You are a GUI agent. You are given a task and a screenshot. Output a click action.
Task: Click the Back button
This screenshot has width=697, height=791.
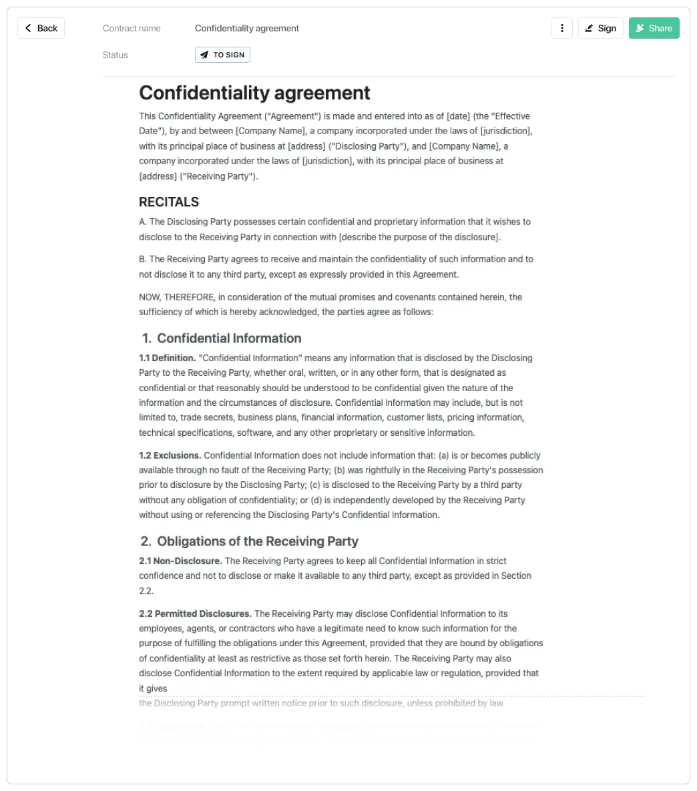[x=41, y=28]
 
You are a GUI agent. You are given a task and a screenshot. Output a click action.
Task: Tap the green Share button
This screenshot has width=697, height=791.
[x=654, y=28]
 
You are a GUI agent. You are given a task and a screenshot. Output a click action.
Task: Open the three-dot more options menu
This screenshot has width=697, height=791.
[x=562, y=28]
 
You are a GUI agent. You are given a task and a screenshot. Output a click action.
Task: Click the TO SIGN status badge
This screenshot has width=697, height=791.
[x=222, y=55]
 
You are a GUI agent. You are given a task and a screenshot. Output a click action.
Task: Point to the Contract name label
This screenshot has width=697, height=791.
[x=132, y=28]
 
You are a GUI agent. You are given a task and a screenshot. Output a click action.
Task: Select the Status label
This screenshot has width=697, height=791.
[x=115, y=55]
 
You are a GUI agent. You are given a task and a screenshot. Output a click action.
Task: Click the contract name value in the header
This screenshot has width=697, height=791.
[x=247, y=28]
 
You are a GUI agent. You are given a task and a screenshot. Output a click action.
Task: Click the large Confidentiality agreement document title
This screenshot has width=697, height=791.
[x=254, y=93]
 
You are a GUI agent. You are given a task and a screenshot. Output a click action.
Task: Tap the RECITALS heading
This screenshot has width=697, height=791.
[x=169, y=202]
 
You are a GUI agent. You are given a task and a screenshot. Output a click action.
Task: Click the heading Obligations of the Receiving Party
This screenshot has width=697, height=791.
[x=258, y=541]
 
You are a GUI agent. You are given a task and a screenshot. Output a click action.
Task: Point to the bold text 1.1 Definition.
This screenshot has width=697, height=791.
[x=168, y=358]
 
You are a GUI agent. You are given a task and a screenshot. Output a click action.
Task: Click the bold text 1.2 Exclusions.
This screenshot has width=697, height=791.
[x=170, y=455]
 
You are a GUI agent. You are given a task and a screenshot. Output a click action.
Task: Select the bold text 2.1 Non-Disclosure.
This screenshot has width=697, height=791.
[x=180, y=561]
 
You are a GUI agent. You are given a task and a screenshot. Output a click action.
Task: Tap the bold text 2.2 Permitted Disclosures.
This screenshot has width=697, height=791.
[x=195, y=613]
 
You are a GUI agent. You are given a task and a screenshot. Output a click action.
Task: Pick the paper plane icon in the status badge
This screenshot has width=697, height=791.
[x=204, y=55]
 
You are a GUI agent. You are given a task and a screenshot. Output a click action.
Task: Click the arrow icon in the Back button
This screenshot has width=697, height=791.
[x=28, y=28]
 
